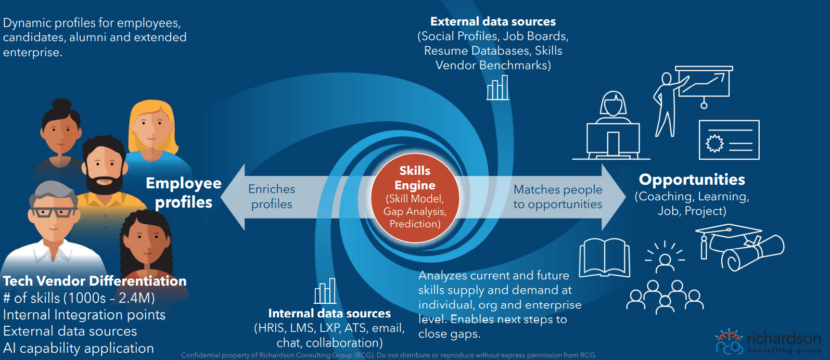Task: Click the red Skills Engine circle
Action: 415,198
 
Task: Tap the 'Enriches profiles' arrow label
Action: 272,197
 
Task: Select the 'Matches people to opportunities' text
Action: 557,197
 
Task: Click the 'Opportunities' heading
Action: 692,179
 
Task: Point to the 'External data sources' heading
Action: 493,22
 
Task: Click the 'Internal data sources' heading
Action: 329,313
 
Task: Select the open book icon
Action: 604,258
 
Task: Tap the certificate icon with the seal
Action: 729,140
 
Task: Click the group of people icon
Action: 665,297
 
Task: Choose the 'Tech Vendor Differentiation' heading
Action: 95,281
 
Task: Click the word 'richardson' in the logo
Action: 784,338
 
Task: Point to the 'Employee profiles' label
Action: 183,192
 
